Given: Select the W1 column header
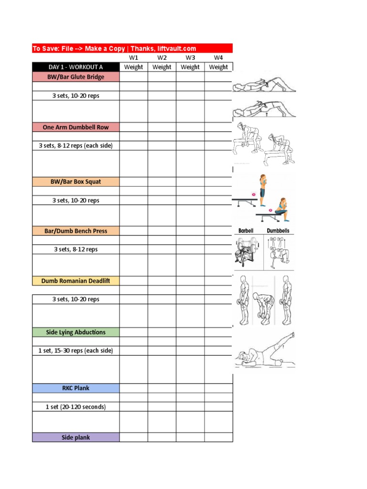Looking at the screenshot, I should pos(133,57).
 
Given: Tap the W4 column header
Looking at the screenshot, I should pos(218,57).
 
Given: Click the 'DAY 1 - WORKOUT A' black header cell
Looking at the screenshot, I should pos(76,67).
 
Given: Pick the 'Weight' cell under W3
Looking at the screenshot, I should pos(190,67).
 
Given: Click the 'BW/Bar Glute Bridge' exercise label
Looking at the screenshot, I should pos(76,77).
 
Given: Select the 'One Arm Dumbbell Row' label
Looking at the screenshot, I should pos(76,127).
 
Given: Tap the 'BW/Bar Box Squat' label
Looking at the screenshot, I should pos(76,181).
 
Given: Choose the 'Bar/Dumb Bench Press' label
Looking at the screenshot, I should pos(76,231).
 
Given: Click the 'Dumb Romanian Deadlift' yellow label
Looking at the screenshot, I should pos(76,281).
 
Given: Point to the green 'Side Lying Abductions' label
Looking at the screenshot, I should pos(76,332).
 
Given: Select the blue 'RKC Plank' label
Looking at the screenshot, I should pos(76,388).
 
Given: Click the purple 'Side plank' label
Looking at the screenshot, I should pos(76,437).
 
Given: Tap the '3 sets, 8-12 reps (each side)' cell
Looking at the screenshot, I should pos(76,145).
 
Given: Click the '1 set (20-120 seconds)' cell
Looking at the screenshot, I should pos(76,407).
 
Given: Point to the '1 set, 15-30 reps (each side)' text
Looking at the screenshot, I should pos(76,351).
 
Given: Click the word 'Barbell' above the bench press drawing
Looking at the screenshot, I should pos(246,231).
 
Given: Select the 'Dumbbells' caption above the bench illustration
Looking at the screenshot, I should pos(278,231).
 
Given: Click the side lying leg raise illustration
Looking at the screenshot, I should pos(265,351).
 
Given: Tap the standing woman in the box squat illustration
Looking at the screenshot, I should pos(262,187).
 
